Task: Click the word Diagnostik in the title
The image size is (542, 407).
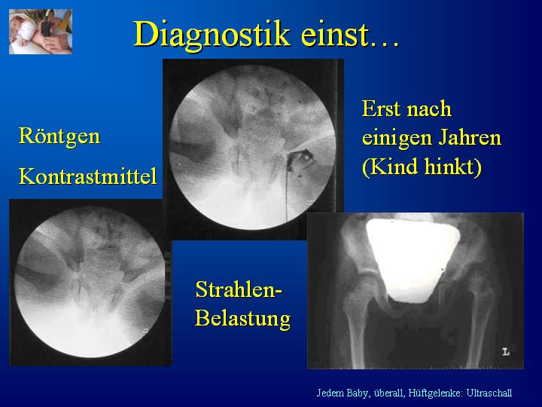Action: [212, 35]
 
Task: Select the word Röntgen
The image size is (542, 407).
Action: [59, 136]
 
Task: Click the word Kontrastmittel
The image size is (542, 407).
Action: [88, 176]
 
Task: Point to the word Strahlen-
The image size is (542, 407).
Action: [239, 289]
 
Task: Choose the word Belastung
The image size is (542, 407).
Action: [243, 318]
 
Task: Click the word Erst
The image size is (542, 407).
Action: [381, 109]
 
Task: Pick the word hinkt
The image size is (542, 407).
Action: [453, 167]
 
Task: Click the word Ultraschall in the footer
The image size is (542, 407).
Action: [489, 393]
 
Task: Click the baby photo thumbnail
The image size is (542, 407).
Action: [41, 32]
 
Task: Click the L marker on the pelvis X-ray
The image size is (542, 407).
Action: [506, 352]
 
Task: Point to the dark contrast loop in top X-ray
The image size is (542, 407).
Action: [300, 159]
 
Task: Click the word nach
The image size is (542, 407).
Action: [429, 109]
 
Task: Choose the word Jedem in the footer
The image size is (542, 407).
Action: [330, 393]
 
